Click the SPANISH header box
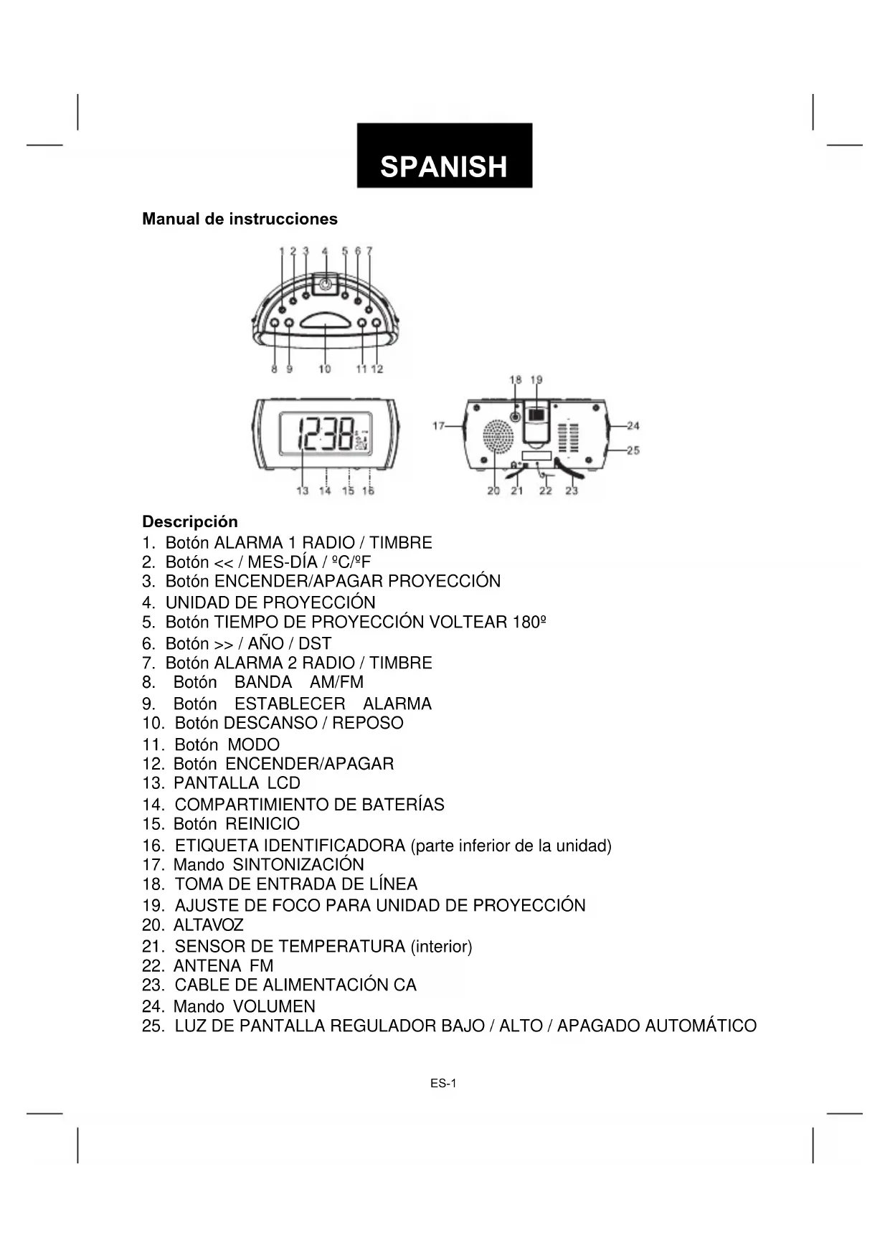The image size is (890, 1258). pyautogui.click(x=444, y=156)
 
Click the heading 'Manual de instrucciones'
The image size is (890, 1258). pyautogui.click(x=240, y=219)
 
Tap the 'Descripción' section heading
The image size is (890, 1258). pyautogui.click(x=189, y=521)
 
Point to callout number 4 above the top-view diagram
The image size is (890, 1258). pyautogui.click(x=325, y=251)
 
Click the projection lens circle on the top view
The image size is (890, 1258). pyautogui.click(x=326, y=284)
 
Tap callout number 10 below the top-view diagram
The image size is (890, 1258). pyautogui.click(x=325, y=369)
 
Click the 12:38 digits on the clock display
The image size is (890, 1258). pyautogui.click(x=325, y=434)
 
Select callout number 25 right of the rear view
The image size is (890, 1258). pyautogui.click(x=633, y=450)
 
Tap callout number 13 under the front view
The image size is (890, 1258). pyautogui.click(x=303, y=491)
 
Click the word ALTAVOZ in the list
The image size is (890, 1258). pyautogui.click(x=208, y=925)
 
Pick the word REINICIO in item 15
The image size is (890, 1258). pyautogui.click(x=262, y=824)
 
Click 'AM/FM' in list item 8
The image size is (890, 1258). pyautogui.click(x=336, y=682)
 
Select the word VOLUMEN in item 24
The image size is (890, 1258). pyautogui.click(x=274, y=1006)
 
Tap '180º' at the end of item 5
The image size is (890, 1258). pyautogui.click(x=530, y=622)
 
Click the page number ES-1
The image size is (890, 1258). pyautogui.click(x=443, y=1084)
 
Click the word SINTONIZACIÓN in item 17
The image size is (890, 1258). pyautogui.click(x=298, y=865)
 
